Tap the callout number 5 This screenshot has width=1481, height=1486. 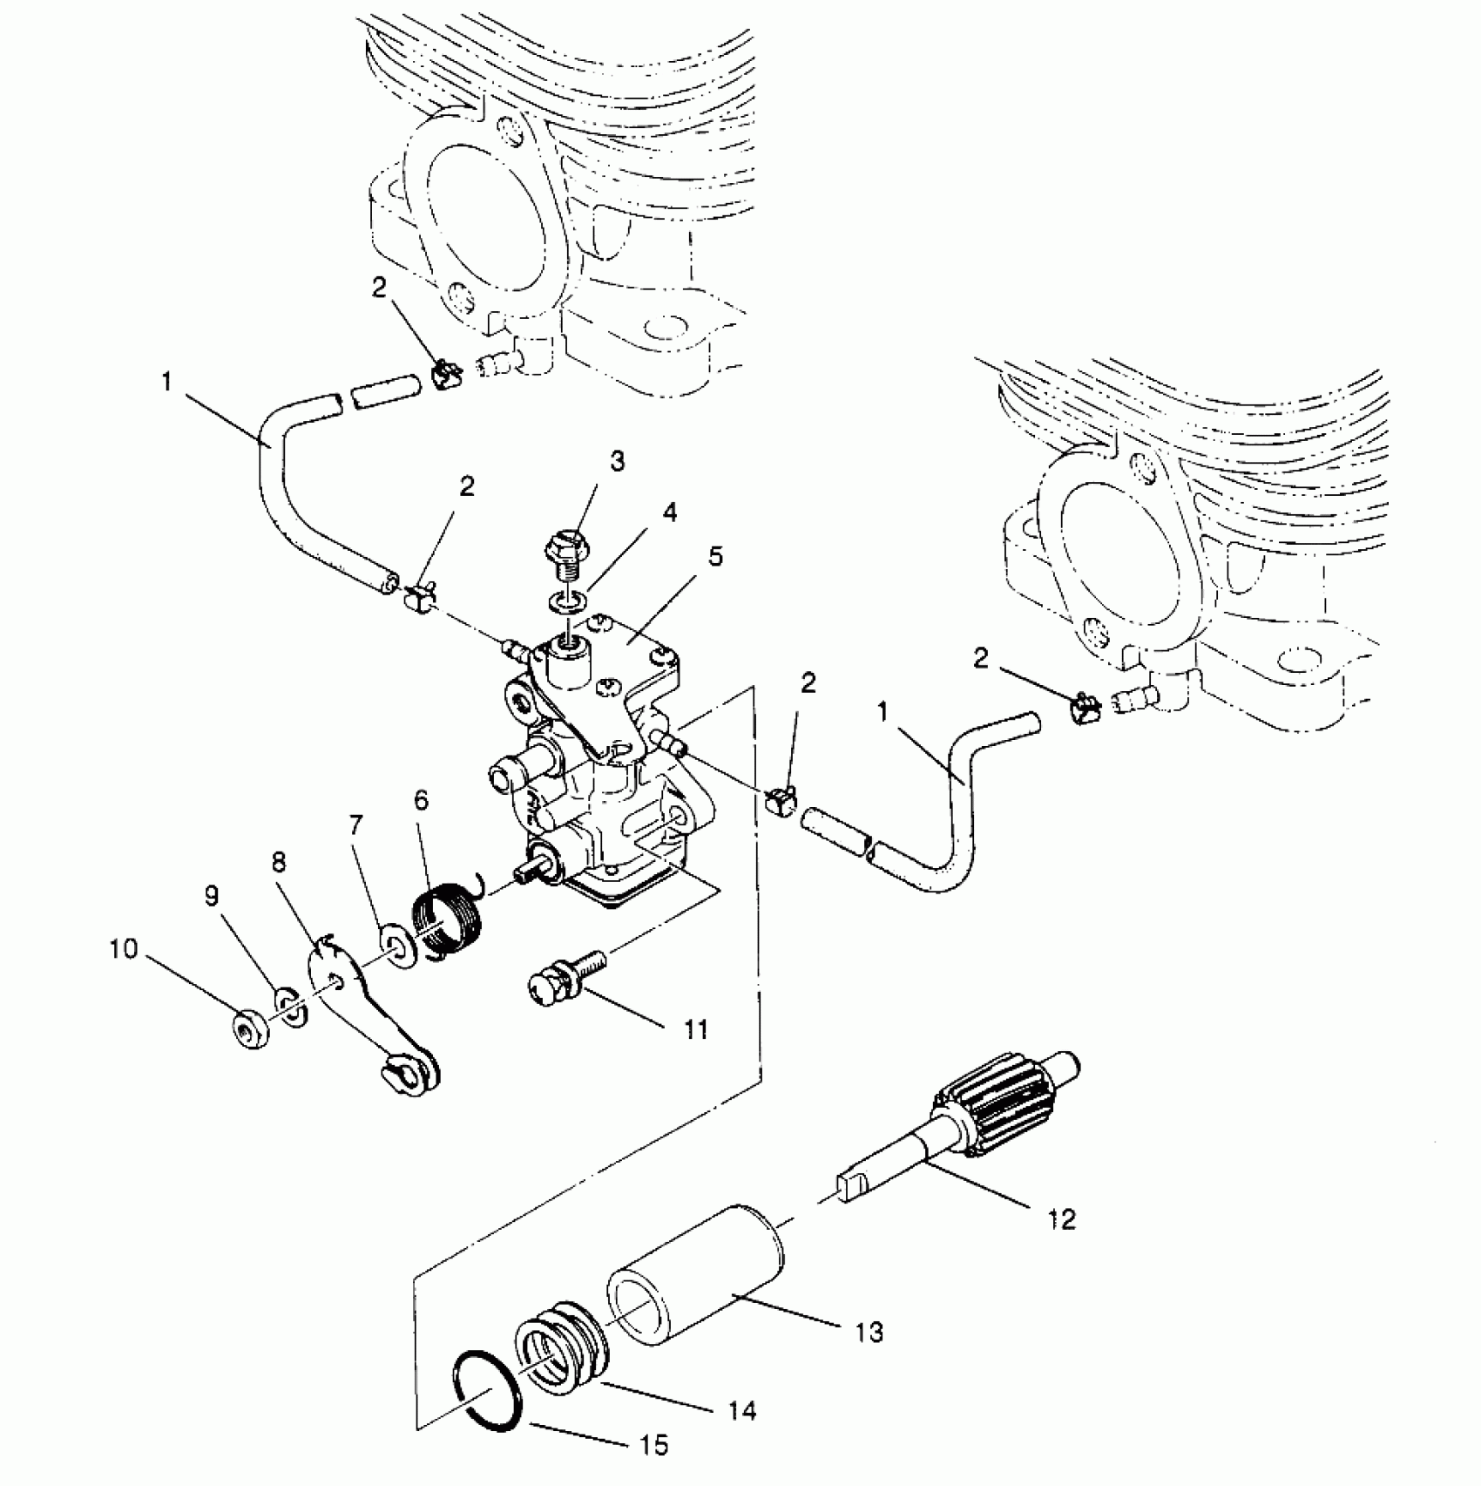point(715,557)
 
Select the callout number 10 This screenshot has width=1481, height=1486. point(124,949)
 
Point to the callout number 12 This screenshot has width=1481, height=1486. point(1063,1218)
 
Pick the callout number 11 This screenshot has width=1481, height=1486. point(694,1030)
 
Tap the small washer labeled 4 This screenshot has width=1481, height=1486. point(567,601)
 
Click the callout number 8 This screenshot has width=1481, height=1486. point(279,863)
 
